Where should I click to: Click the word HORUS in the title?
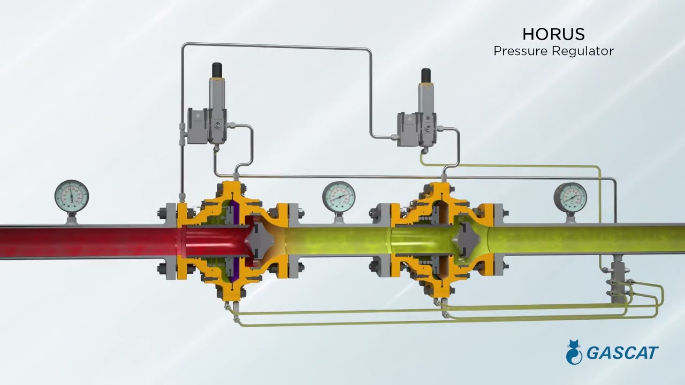[553, 34]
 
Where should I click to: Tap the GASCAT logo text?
[622, 353]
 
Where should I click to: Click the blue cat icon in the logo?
[574, 352]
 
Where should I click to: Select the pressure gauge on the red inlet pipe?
[72, 196]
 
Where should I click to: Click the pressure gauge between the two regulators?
[339, 197]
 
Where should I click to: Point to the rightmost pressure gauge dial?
[570, 198]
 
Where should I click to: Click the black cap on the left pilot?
[217, 70]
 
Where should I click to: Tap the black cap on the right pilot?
[426, 75]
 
